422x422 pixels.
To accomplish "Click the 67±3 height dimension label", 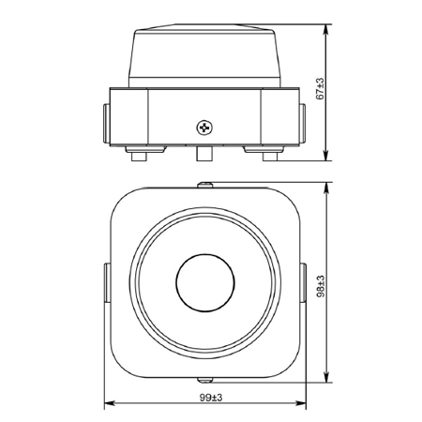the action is [x=320, y=89].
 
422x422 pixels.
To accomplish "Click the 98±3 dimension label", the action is [x=321, y=286].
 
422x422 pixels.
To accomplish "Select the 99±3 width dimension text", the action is [x=211, y=398].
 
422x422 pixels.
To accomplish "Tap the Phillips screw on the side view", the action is [x=204, y=128].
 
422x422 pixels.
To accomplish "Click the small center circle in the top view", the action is [x=205, y=282].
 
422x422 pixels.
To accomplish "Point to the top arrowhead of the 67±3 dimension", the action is [x=326, y=29].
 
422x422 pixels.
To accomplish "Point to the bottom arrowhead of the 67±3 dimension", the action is [x=326, y=157].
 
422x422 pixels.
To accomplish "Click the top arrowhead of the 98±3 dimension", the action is [x=326, y=187].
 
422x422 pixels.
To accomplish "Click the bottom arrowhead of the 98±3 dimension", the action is [x=326, y=377].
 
